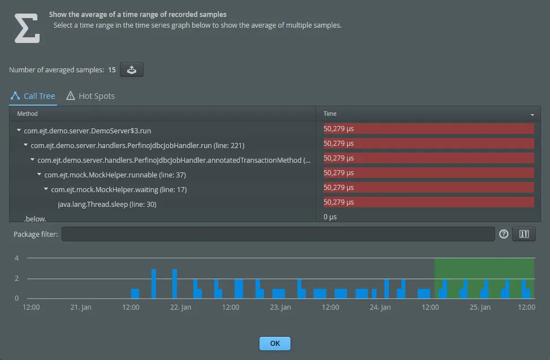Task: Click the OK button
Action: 275,343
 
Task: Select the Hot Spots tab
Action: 90,96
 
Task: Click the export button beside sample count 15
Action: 131,70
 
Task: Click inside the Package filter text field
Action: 278,234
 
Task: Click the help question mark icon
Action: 504,234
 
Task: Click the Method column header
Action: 28,114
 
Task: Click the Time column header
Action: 330,114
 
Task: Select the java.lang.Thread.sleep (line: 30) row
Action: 107,204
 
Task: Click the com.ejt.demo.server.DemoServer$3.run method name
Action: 87,131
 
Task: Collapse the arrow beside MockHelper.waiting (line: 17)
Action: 46,189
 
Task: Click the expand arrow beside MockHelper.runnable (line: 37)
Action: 40,175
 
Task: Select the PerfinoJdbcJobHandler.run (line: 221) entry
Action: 137,145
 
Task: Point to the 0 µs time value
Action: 330,217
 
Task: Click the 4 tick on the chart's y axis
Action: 17,258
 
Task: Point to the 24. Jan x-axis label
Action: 380,307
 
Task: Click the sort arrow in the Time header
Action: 532,115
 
